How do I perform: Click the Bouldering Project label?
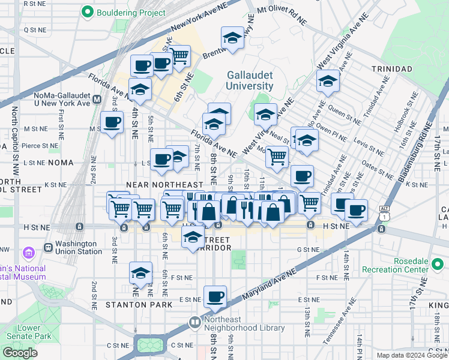124,12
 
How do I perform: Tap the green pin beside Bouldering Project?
88,12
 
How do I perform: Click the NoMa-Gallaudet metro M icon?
97,98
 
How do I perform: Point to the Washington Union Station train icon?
48,248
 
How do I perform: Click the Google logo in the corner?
20,353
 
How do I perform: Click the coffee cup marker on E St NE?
215,296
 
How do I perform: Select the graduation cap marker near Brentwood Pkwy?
232,38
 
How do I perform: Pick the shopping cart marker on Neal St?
276,157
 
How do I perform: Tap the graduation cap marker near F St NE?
140,274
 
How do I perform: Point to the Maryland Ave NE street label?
270,281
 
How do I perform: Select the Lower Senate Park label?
21,332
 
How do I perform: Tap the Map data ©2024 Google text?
411,355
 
